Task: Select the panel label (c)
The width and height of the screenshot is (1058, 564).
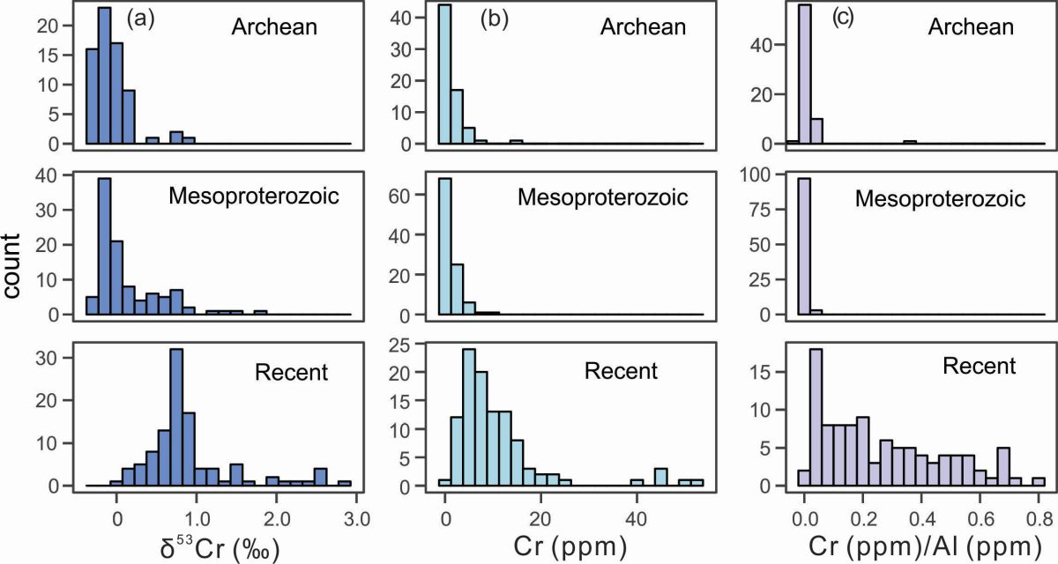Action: point(843,18)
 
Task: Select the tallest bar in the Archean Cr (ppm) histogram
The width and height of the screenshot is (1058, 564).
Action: point(444,78)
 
